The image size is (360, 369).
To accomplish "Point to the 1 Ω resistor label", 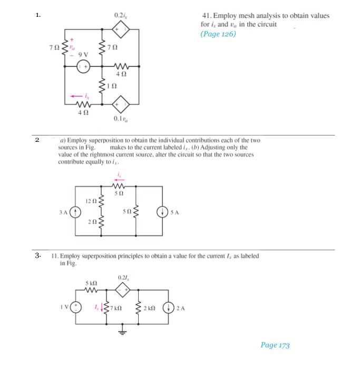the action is pos(110,86).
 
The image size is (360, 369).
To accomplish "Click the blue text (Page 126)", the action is pos(218,34).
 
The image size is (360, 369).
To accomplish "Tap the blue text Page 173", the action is pos(275,345).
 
